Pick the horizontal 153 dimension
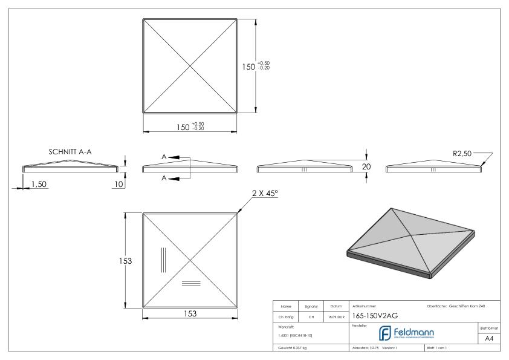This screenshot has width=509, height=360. pyautogui.click(x=191, y=314)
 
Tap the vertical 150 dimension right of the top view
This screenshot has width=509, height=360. pyautogui.click(x=250, y=65)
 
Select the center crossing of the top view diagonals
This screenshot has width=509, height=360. pyautogui.click(x=190, y=65)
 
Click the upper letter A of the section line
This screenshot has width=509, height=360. pyautogui.click(x=164, y=157)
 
